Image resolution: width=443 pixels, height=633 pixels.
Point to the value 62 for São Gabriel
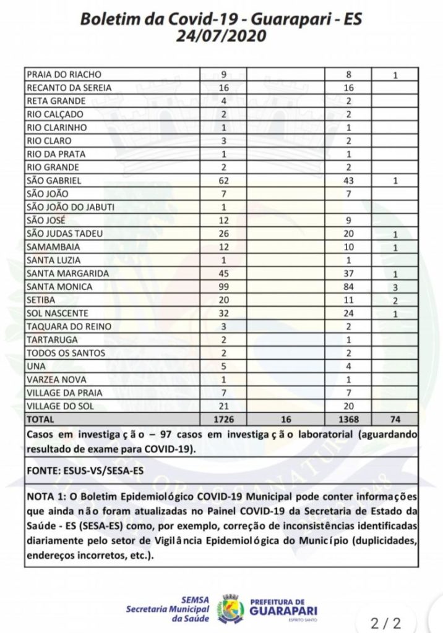point(225,181)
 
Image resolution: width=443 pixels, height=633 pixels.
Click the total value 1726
point(225,418)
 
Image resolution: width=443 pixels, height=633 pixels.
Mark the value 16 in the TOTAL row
point(286,418)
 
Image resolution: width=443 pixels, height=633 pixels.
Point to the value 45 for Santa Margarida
point(225,274)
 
